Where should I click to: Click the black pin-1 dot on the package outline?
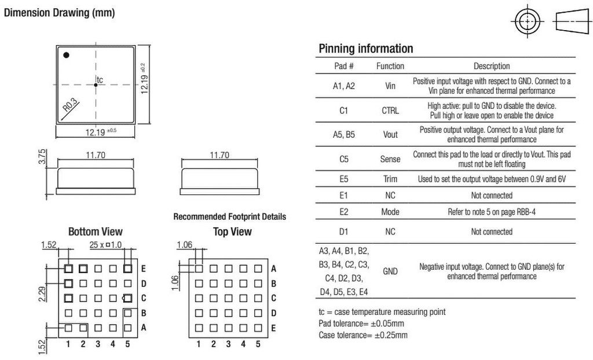tap(66, 55)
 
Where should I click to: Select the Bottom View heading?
tap(96, 232)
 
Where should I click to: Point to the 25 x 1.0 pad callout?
tap(105, 245)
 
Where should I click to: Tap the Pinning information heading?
tap(366, 49)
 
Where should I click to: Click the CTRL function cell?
tap(390, 111)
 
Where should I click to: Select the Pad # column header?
tap(343, 66)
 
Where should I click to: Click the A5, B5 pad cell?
tap(343, 134)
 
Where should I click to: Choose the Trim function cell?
tap(390, 179)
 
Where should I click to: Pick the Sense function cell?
tap(390, 159)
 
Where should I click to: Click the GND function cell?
tap(390, 271)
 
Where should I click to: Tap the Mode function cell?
tap(390, 212)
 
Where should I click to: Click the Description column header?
tap(492, 66)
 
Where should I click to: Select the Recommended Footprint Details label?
tap(230, 216)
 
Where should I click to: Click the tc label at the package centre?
tap(100, 80)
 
